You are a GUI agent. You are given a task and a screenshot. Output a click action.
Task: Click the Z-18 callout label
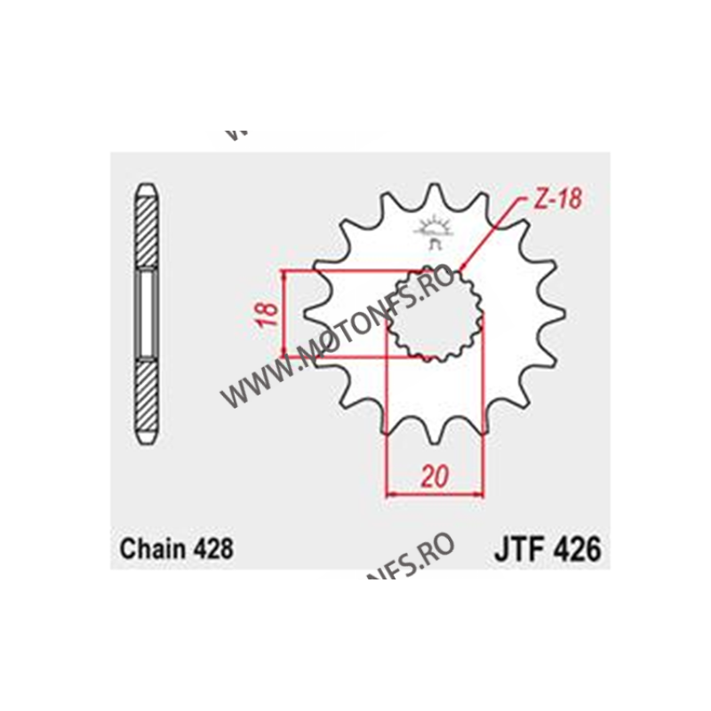(558, 200)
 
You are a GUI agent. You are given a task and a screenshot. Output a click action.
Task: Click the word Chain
(148, 548)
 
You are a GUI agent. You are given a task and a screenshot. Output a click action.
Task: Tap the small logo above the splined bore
(435, 230)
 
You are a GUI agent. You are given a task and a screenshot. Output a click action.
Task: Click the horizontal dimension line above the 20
(435, 492)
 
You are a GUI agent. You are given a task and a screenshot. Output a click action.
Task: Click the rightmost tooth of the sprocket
(558, 313)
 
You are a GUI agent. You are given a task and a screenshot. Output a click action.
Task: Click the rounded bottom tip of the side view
(146, 439)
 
